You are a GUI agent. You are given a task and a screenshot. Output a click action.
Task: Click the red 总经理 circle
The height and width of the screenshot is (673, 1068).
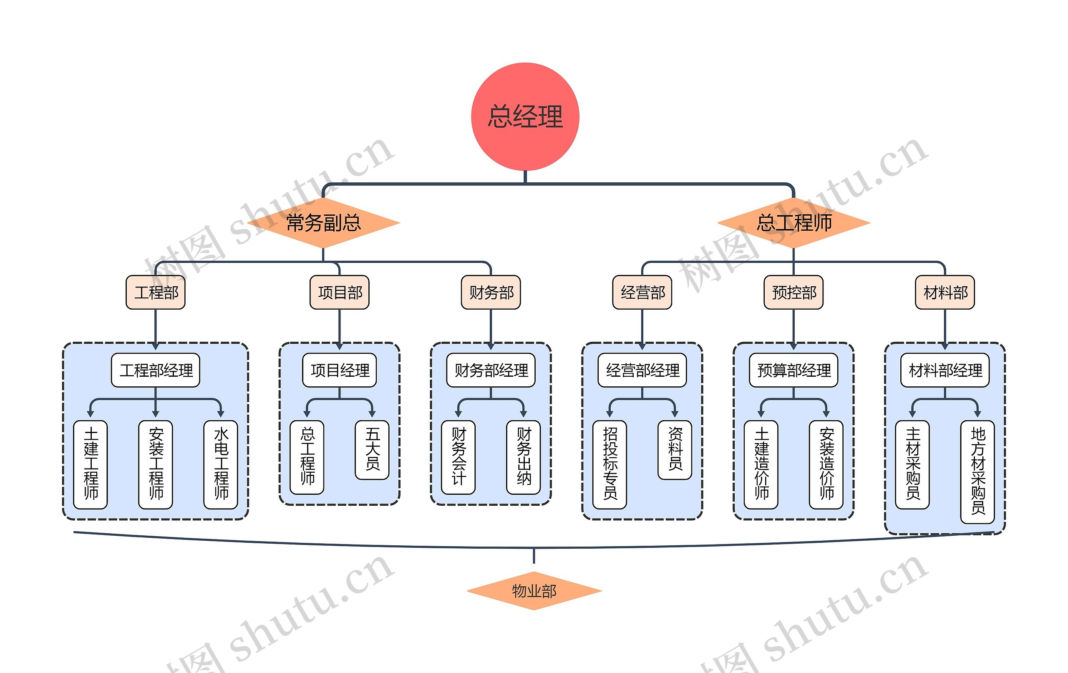[x=525, y=117]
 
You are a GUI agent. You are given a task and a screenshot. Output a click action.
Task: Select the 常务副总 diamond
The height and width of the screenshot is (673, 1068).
[x=323, y=223]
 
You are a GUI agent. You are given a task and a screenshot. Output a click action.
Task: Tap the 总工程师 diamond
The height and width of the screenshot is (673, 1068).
[x=794, y=223]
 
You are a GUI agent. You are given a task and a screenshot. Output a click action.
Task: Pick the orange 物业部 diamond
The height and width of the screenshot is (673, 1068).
[x=534, y=591]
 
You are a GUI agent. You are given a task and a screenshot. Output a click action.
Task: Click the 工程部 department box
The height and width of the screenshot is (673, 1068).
[x=156, y=292]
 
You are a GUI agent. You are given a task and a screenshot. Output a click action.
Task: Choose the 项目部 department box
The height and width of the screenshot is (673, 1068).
[x=340, y=292]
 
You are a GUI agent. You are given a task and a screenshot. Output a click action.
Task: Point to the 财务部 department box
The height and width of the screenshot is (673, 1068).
[x=491, y=292]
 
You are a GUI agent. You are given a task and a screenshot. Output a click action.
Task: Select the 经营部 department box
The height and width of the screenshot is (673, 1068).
[x=642, y=292]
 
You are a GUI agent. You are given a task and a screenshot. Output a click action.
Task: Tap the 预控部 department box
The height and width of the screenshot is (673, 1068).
[x=793, y=292]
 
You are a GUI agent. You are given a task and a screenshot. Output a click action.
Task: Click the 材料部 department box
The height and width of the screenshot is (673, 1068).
[x=945, y=292]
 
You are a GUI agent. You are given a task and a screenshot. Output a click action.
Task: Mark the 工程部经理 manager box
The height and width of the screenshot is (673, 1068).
[x=156, y=370]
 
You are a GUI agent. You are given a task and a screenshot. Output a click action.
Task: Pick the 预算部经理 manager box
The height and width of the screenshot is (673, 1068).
[x=793, y=370]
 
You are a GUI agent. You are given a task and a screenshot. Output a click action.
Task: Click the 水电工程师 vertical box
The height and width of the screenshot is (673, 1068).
[x=221, y=464]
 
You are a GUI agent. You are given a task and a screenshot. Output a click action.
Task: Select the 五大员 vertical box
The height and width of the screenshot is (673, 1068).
[x=372, y=449]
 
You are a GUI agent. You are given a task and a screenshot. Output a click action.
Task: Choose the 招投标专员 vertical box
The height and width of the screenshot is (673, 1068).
[x=610, y=464]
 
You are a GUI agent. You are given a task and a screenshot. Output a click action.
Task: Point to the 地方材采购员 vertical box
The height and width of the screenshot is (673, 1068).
[x=977, y=471]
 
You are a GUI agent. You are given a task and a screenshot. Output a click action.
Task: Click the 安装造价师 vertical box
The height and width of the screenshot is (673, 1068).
[x=826, y=464]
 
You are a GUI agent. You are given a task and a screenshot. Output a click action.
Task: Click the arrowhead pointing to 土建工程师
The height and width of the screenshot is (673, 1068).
[x=91, y=414]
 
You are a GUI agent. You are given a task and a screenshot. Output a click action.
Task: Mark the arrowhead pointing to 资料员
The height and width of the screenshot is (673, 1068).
[x=675, y=414]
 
